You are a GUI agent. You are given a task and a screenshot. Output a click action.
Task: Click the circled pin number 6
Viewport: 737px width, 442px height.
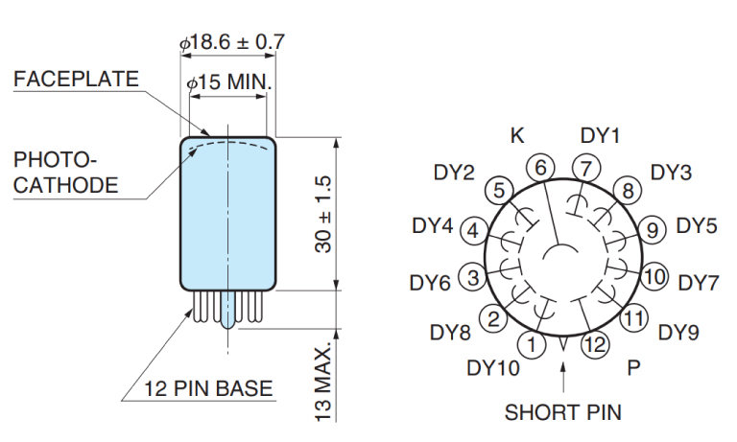click(541, 167)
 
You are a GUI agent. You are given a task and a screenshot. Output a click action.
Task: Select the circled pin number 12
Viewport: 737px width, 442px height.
click(595, 342)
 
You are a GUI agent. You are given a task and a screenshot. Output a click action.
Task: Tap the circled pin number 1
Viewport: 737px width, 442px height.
click(534, 342)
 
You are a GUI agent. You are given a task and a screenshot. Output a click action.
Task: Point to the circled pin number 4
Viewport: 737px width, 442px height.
click(472, 230)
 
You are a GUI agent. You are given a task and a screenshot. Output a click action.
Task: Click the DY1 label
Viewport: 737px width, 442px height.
click(601, 135)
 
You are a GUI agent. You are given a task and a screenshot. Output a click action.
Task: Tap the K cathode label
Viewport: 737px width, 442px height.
click(517, 135)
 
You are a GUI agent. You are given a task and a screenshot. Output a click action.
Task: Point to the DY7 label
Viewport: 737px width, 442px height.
click(699, 283)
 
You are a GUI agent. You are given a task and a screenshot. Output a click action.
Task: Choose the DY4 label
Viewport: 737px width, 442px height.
click(432, 226)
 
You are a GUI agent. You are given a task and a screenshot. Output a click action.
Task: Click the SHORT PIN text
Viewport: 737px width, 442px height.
click(563, 413)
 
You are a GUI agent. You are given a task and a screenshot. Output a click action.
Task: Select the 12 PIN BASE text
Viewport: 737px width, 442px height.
click(208, 388)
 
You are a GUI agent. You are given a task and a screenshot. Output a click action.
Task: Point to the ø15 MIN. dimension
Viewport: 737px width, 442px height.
click(229, 82)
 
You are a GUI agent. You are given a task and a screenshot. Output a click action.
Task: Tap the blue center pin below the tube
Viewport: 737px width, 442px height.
click(228, 311)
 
